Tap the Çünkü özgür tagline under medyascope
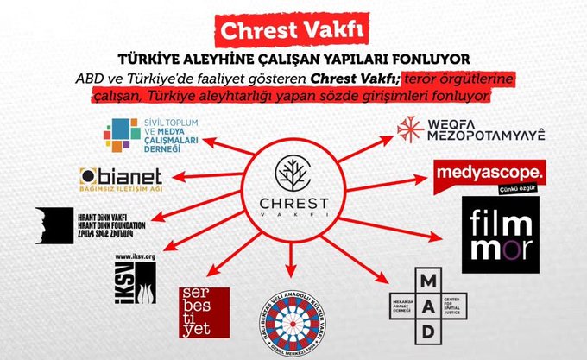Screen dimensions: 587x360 point(517,186)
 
